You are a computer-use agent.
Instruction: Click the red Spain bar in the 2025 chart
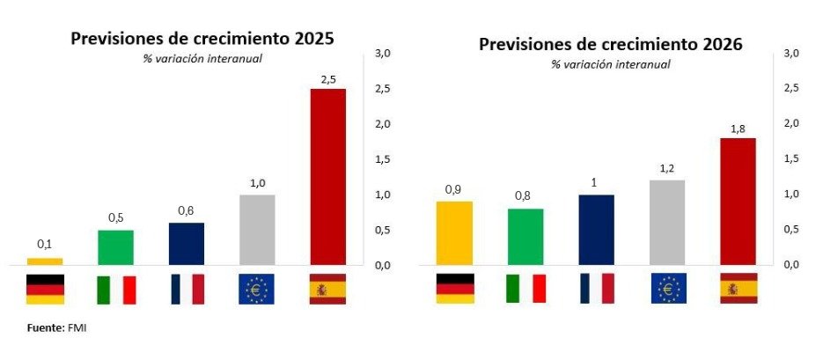click(327, 176)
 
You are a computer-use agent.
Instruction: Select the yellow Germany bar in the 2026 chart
click(454, 232)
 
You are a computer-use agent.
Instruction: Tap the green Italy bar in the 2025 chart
click(115, 246)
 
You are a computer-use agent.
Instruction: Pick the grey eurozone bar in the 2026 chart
click(667, 222)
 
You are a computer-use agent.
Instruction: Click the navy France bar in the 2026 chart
click(596, 229)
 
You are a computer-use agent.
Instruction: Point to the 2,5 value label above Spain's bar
click(327, 79)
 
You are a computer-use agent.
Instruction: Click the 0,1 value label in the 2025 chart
click(45, 244)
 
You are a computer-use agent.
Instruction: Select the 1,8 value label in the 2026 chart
click(738, 129)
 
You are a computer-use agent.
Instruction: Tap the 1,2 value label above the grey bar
click(667, 167)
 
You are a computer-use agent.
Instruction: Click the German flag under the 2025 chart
click(45, 289)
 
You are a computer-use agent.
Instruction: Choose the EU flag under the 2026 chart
click(667, 289)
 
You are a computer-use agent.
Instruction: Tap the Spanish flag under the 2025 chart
click(327, 289)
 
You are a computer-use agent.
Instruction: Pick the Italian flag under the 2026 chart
click(525, 289)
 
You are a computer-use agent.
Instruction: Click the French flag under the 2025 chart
click(186, 289)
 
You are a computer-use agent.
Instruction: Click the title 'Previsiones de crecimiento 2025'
click(202, 39)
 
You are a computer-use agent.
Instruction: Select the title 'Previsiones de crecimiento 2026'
click(611, 44)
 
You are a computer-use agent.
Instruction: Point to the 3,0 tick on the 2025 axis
click(384, 54)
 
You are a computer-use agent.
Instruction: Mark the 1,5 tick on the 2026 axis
click(791, 158)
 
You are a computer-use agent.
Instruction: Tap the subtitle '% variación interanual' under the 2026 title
click(611, 64)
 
